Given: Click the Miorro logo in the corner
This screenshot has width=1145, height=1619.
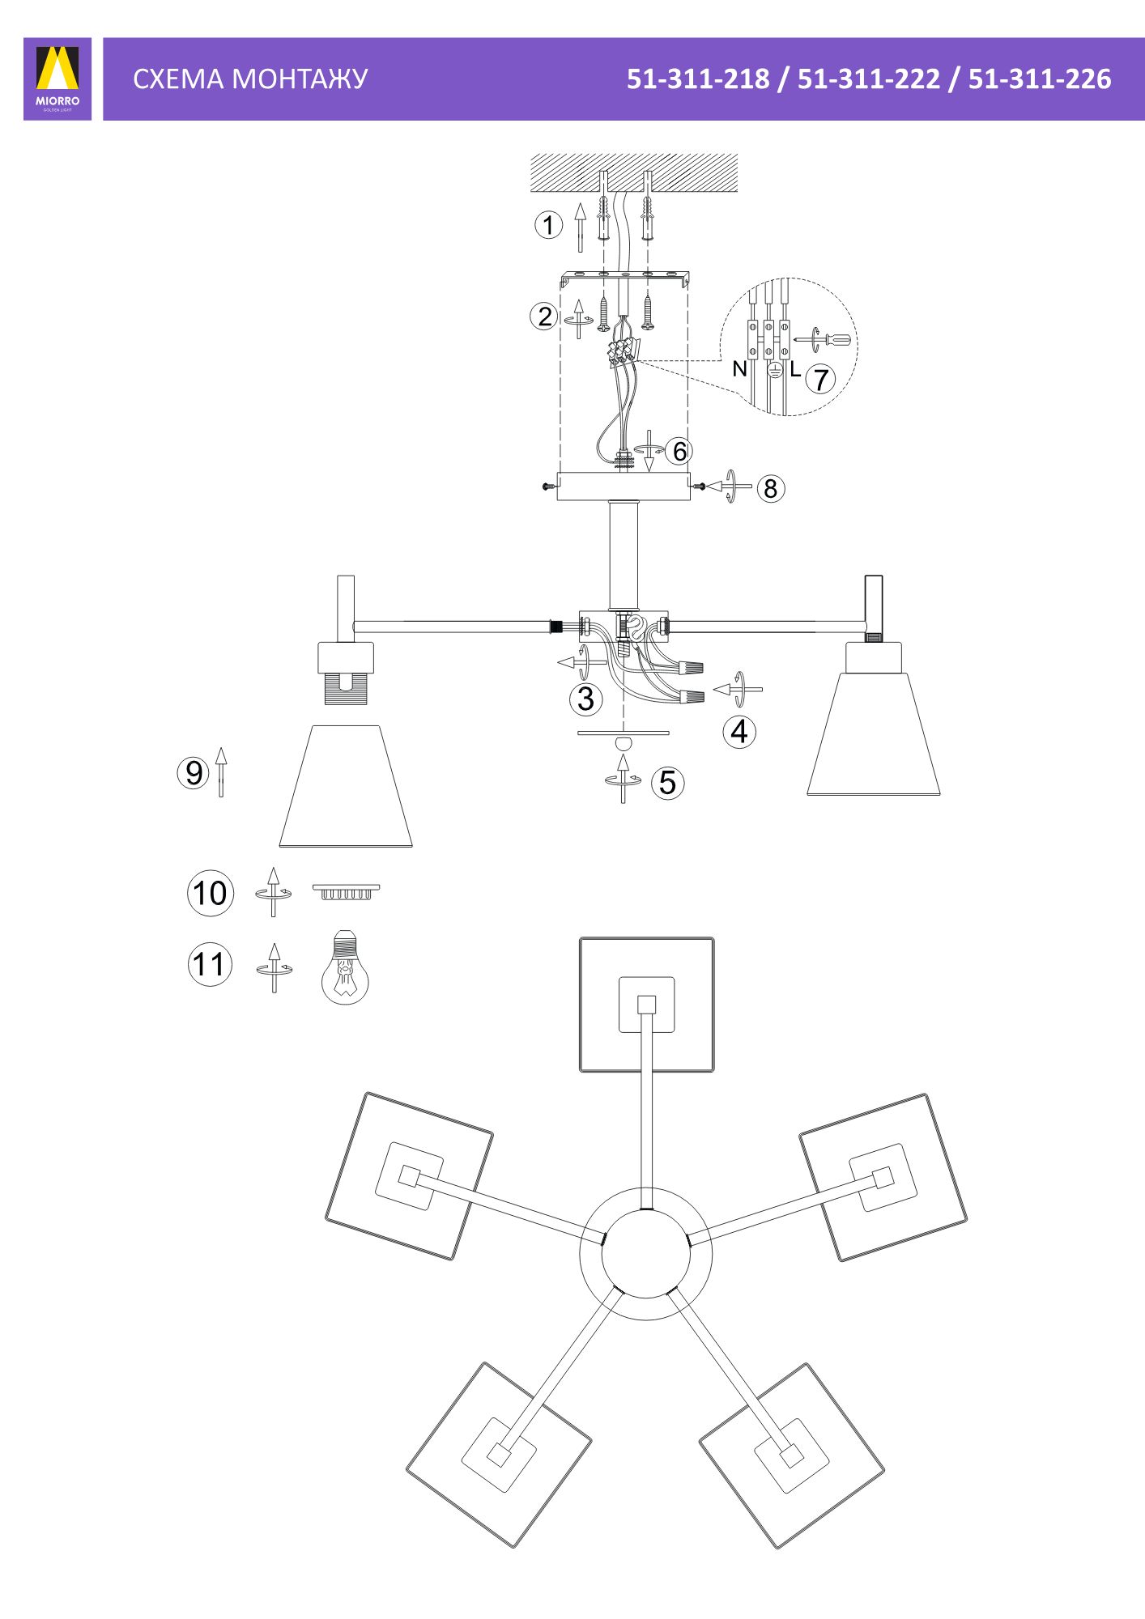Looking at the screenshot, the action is [x=57, y=79].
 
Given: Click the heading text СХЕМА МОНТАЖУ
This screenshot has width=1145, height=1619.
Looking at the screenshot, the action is [x=250, y=79].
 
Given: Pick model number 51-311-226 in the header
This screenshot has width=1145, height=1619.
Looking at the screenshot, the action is [x=1040, y=79].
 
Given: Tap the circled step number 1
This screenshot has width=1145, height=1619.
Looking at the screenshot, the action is [x=548, y=225].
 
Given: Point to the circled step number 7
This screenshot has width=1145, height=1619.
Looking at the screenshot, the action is [x=820, y=379].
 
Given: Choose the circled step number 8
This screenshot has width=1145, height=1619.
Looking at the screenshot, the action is [x=770, y=488].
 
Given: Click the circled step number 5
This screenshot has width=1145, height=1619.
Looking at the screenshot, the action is [x=668, y=783].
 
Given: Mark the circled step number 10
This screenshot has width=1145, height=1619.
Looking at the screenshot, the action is [x=211, y=893].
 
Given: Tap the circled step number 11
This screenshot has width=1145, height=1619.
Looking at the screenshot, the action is [x=210, y=964].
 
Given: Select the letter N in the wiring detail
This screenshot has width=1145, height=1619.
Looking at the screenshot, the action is [x=739, y=369].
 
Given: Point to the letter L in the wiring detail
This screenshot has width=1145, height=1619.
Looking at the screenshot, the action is [x=795, y=370].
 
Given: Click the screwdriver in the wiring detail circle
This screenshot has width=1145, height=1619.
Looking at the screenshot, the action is [x=824, y=339].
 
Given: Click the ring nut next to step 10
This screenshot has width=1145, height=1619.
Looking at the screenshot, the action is [x=347, y=891].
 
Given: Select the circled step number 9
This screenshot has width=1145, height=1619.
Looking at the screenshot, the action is [x=194, y=772].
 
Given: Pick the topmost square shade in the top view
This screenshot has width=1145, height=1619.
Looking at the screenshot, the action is [x=647, y=1005].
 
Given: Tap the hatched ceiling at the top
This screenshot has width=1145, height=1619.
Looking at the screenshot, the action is [x=634, y=172].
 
